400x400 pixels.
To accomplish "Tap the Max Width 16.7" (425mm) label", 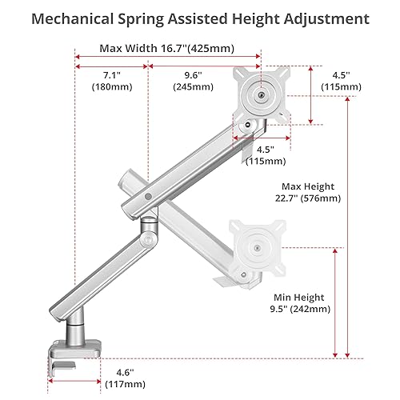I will coord(166,48).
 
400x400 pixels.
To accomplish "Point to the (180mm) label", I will coord(105,86).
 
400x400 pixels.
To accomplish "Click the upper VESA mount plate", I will coord(261,94).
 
